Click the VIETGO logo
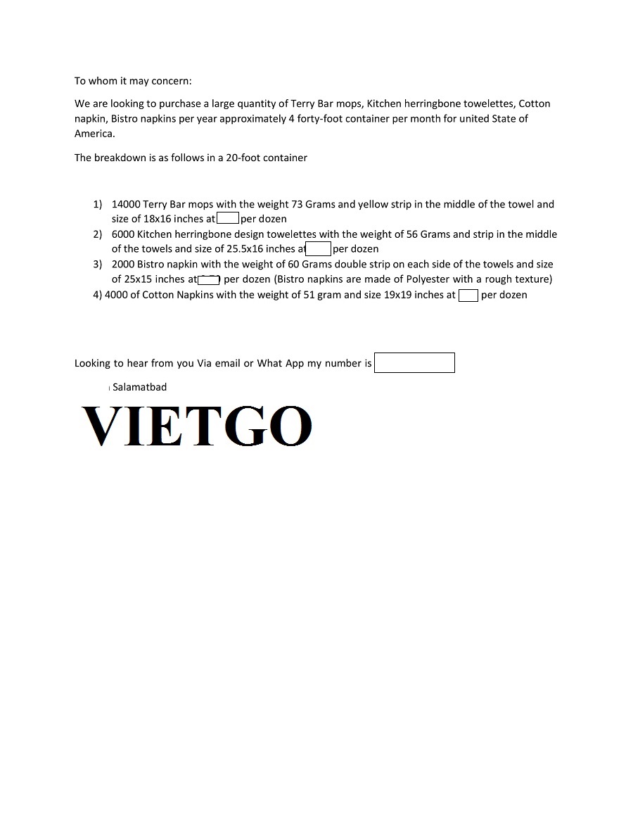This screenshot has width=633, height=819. (x=197, y=426)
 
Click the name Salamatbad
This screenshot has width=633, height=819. (x=139, y=387)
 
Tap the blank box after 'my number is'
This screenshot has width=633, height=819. (x=414, y=363)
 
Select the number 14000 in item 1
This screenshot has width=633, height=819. (x=126, y=205)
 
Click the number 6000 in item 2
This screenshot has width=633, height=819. (x=123, y=234)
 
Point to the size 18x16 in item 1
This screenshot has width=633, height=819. (x=158, y=219)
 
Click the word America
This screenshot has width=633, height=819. (x=94, y=134)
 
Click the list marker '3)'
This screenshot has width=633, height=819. (x=98, y=265)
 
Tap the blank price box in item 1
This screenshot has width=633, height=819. (x=228, y=219)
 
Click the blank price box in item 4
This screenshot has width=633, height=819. (x=468, y=296)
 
